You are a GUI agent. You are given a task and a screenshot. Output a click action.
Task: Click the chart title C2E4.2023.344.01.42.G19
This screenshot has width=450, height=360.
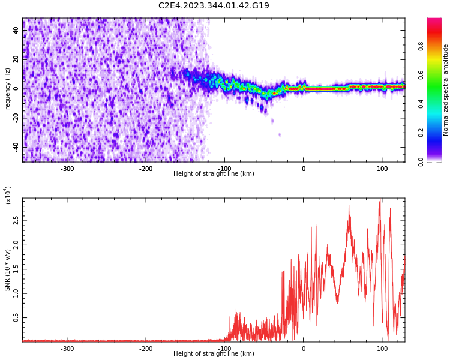coord(214,6)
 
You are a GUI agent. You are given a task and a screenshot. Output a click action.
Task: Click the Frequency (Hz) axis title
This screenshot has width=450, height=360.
coord(8,90)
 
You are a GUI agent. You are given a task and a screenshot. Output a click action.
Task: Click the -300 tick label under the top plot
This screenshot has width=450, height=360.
coord(67,169)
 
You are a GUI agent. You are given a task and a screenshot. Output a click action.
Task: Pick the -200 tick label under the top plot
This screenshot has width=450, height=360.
coord(146,169)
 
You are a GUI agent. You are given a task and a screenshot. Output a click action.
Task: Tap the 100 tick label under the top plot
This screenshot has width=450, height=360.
coord(382,169)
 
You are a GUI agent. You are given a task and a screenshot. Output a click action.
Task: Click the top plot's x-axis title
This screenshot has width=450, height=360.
coord(214,174)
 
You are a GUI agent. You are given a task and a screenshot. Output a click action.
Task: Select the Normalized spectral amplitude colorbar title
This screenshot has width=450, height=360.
coord(446,90)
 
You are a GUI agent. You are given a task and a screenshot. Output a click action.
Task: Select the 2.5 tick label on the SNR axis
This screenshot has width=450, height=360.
coord(15,221)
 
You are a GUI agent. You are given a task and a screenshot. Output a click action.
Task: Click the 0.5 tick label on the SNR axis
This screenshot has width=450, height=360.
coord(15,318)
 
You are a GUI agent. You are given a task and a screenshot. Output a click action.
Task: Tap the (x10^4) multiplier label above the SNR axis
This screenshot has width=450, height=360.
coord(8,195)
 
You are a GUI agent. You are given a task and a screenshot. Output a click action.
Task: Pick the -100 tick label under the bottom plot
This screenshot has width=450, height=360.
coord(224,349)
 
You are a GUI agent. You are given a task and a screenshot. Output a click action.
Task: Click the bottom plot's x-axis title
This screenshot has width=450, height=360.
coord(214,354)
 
